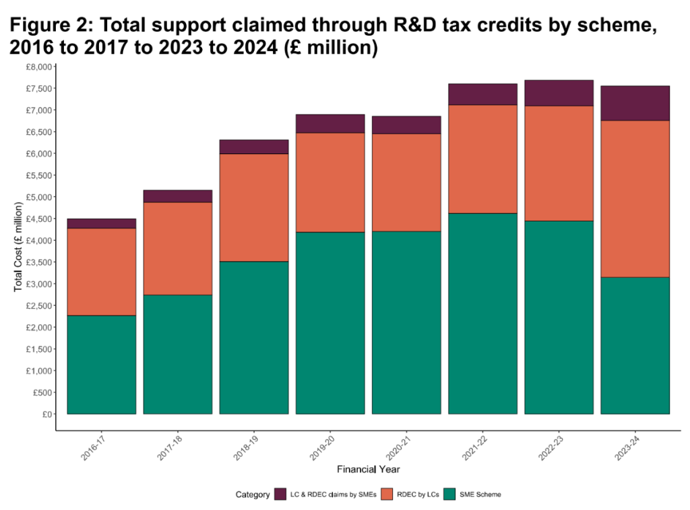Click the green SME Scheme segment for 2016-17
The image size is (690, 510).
[102, 364]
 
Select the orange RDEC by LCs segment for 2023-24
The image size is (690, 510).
[635, 198]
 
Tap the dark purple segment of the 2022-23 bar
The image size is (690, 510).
[559, 93]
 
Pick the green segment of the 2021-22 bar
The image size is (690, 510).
[482, 313]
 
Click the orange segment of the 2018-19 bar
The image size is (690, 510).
[254, 207]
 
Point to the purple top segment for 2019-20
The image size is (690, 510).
[330, 124]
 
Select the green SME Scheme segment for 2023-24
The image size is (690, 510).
[635, 345]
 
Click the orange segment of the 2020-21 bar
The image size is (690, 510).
[406, 182]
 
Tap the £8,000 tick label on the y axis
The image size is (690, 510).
[38, 67]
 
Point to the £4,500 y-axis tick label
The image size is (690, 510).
[38, 219]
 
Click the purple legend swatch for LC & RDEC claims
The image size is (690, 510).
[281, 495]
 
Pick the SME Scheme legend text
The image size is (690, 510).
[480, 495]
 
